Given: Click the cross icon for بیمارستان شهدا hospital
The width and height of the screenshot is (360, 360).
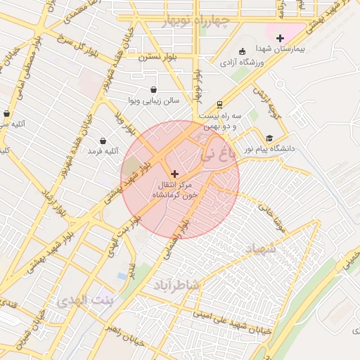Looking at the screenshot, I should (x=281, y=38).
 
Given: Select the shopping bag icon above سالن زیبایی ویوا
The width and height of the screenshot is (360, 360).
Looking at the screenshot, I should (x=154, y=89).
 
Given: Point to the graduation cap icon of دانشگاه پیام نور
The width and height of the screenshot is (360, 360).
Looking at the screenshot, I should (x=269, y=138).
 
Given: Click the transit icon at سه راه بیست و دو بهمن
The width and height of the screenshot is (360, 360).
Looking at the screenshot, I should (x=219, y=103).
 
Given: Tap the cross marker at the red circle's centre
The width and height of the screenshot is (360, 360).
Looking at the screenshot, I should (x=174, y=173).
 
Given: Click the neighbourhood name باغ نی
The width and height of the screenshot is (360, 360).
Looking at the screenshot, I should (x=215, y=153).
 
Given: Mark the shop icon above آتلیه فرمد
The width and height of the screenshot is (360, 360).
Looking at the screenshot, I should (x=103, y=141).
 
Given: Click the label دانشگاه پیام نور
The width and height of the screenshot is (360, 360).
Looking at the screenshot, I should (x=268, y=149).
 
